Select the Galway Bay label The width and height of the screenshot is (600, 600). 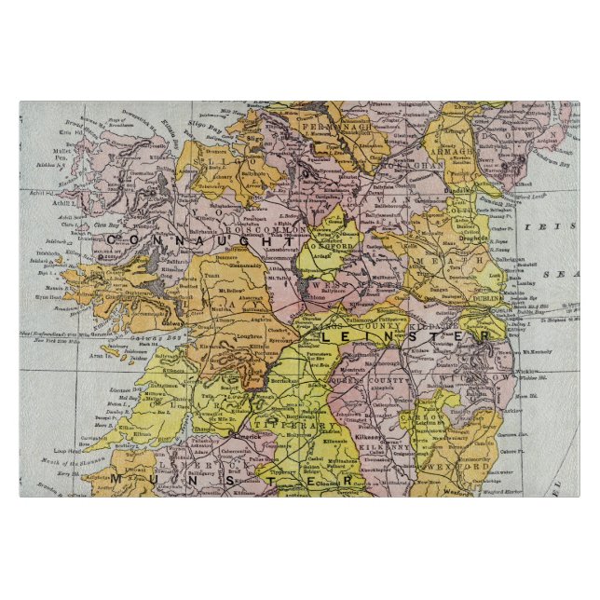pyautogui.click(x=149, y=337)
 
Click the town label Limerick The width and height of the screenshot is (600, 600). pyautogui.click(x=227, y=436)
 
